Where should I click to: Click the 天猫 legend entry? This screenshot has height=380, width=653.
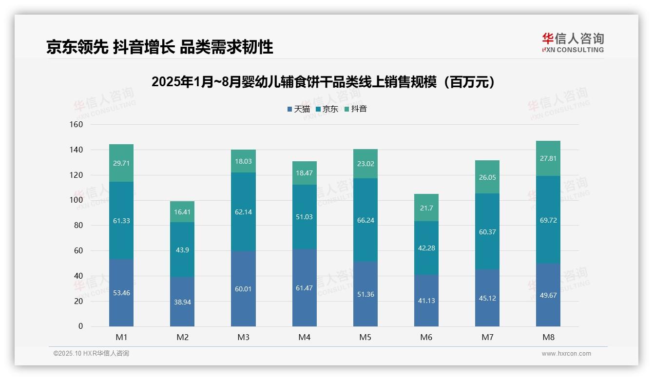click(x=298, y=109)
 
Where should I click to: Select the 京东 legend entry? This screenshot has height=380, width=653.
click(x=327, y=109)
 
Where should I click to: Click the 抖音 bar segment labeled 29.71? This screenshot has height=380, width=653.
click(x=121, y=163)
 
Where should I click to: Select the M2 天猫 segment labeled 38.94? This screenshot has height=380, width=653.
click(x=182, y=302)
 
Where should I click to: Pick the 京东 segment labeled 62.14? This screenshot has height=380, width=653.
click(x=243, y=212)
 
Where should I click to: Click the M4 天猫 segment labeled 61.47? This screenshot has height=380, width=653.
click(x=304, y=287)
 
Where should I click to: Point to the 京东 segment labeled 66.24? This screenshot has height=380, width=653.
click(x=365, y=220)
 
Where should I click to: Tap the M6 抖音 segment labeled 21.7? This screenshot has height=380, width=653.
click(x=426, y=208)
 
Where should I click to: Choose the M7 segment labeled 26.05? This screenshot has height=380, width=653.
click(x=487, y=177)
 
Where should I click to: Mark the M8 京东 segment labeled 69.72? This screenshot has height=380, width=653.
click(x=548, y=220)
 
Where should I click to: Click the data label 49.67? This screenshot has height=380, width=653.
click(x=548, y=295)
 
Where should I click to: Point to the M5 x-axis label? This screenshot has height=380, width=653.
click(x=365, y=337)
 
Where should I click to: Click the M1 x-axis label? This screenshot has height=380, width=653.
click(x=121, y=337)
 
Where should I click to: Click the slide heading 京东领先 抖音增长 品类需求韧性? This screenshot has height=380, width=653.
click(x=159, y=47)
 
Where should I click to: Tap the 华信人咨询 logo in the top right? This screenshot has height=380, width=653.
click(x=573, y=42)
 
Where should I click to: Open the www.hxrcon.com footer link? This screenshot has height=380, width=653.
click(x=566, y=354)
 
